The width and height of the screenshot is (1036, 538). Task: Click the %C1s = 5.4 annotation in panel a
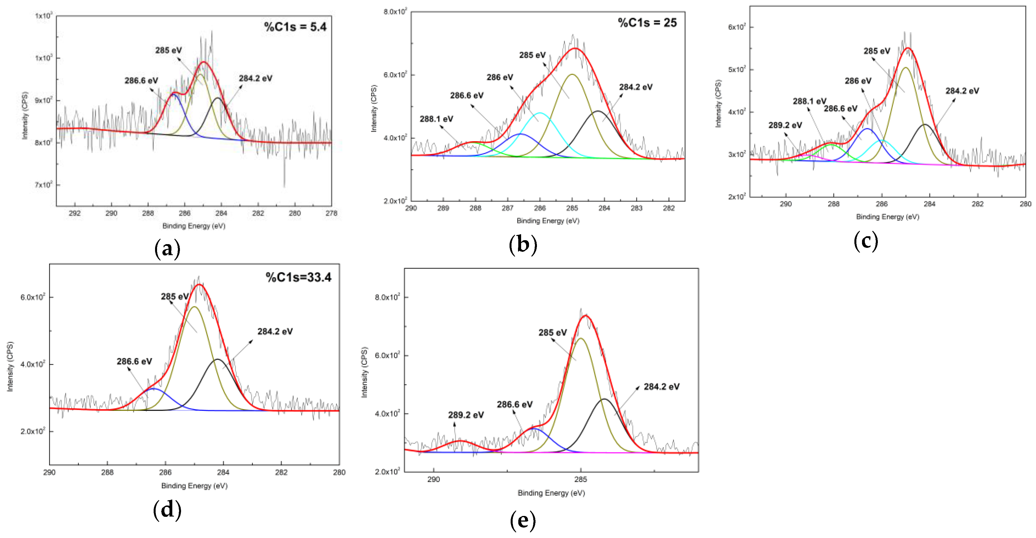(x=295, y=27)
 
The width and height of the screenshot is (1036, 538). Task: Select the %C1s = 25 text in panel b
(x=647, y=23)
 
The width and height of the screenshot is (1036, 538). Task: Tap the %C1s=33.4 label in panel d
(x=299, y=277)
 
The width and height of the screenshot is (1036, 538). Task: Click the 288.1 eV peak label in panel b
(x=436, y=119)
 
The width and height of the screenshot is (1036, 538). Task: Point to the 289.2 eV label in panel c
(x=785, y=125)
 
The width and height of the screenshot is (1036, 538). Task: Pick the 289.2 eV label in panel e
(x=466, y=415)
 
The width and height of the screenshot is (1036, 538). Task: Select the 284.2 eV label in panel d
(x=275, y=331)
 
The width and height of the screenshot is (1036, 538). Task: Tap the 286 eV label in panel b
(x=499, y=77)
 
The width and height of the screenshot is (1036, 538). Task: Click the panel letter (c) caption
(x=865, y=241)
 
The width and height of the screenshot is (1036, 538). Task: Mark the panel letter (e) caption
(x=523, y=520)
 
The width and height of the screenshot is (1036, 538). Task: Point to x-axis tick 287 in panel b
(x=507, y=208)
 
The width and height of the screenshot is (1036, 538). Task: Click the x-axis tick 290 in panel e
(x=433, y=479)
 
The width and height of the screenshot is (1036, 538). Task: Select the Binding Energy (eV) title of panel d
(x=194, y=486)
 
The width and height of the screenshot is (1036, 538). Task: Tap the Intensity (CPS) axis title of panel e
(x=364, y=372)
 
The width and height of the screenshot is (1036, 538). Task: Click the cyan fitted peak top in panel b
(x=540, y=113)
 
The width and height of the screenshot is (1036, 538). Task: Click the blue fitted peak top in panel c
(x=867, y=129)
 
